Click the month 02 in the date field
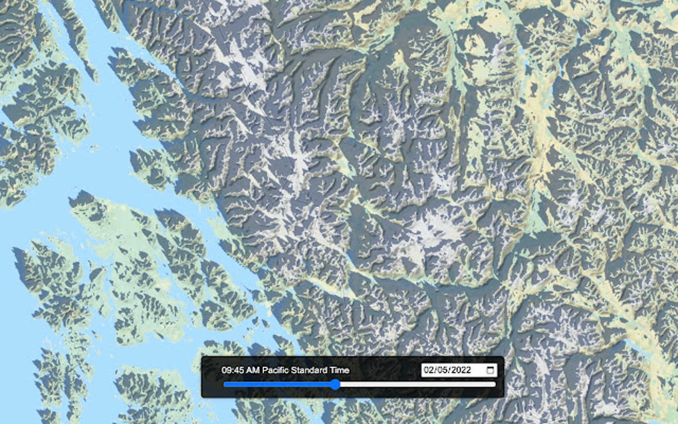point(429,370)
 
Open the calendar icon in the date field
point(491,370)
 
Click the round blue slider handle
point(335,384)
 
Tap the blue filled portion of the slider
point(279,384)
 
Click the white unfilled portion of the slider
point(415,384)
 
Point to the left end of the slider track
point(225,384)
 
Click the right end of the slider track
point(495,384)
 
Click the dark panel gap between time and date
point(386,370)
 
